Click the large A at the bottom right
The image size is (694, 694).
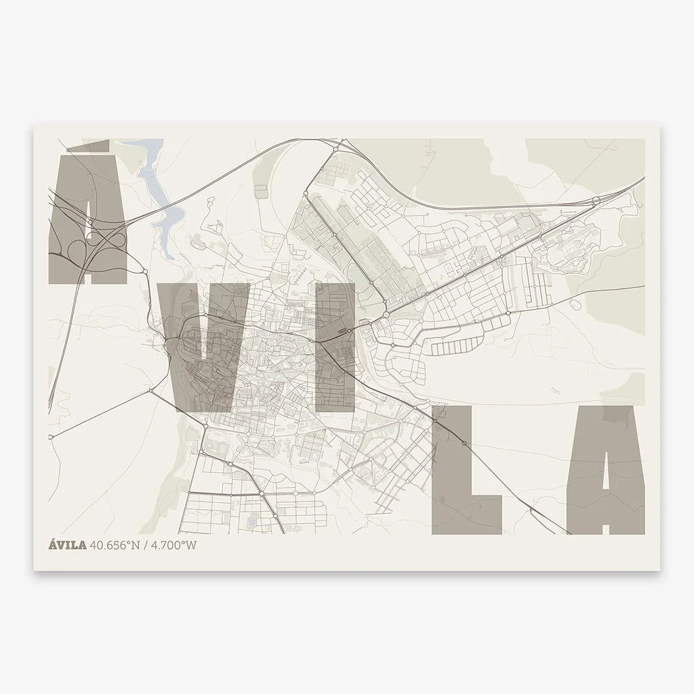[607, 468]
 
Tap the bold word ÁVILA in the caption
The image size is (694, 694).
[67, 544]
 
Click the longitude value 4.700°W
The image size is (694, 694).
[174, 544]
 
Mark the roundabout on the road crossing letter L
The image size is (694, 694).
[464, 444]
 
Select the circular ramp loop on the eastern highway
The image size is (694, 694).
[595, 200]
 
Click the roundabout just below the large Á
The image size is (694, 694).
[144, 272]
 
